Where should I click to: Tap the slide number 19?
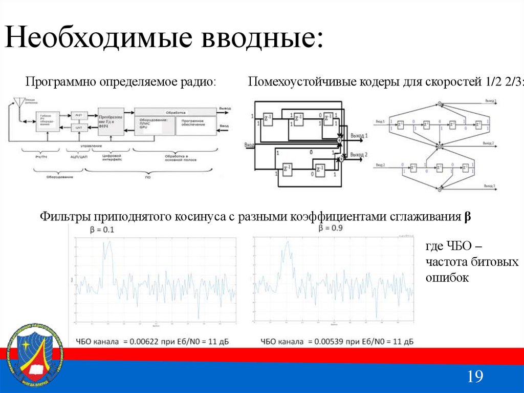(x=475, y=377)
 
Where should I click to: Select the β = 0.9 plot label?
(x=331, y=229)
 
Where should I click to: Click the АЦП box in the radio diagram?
(x=78, y=116)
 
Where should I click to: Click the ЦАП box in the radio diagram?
(x=78, y=128)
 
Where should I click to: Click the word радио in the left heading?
(x=196, y=82)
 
